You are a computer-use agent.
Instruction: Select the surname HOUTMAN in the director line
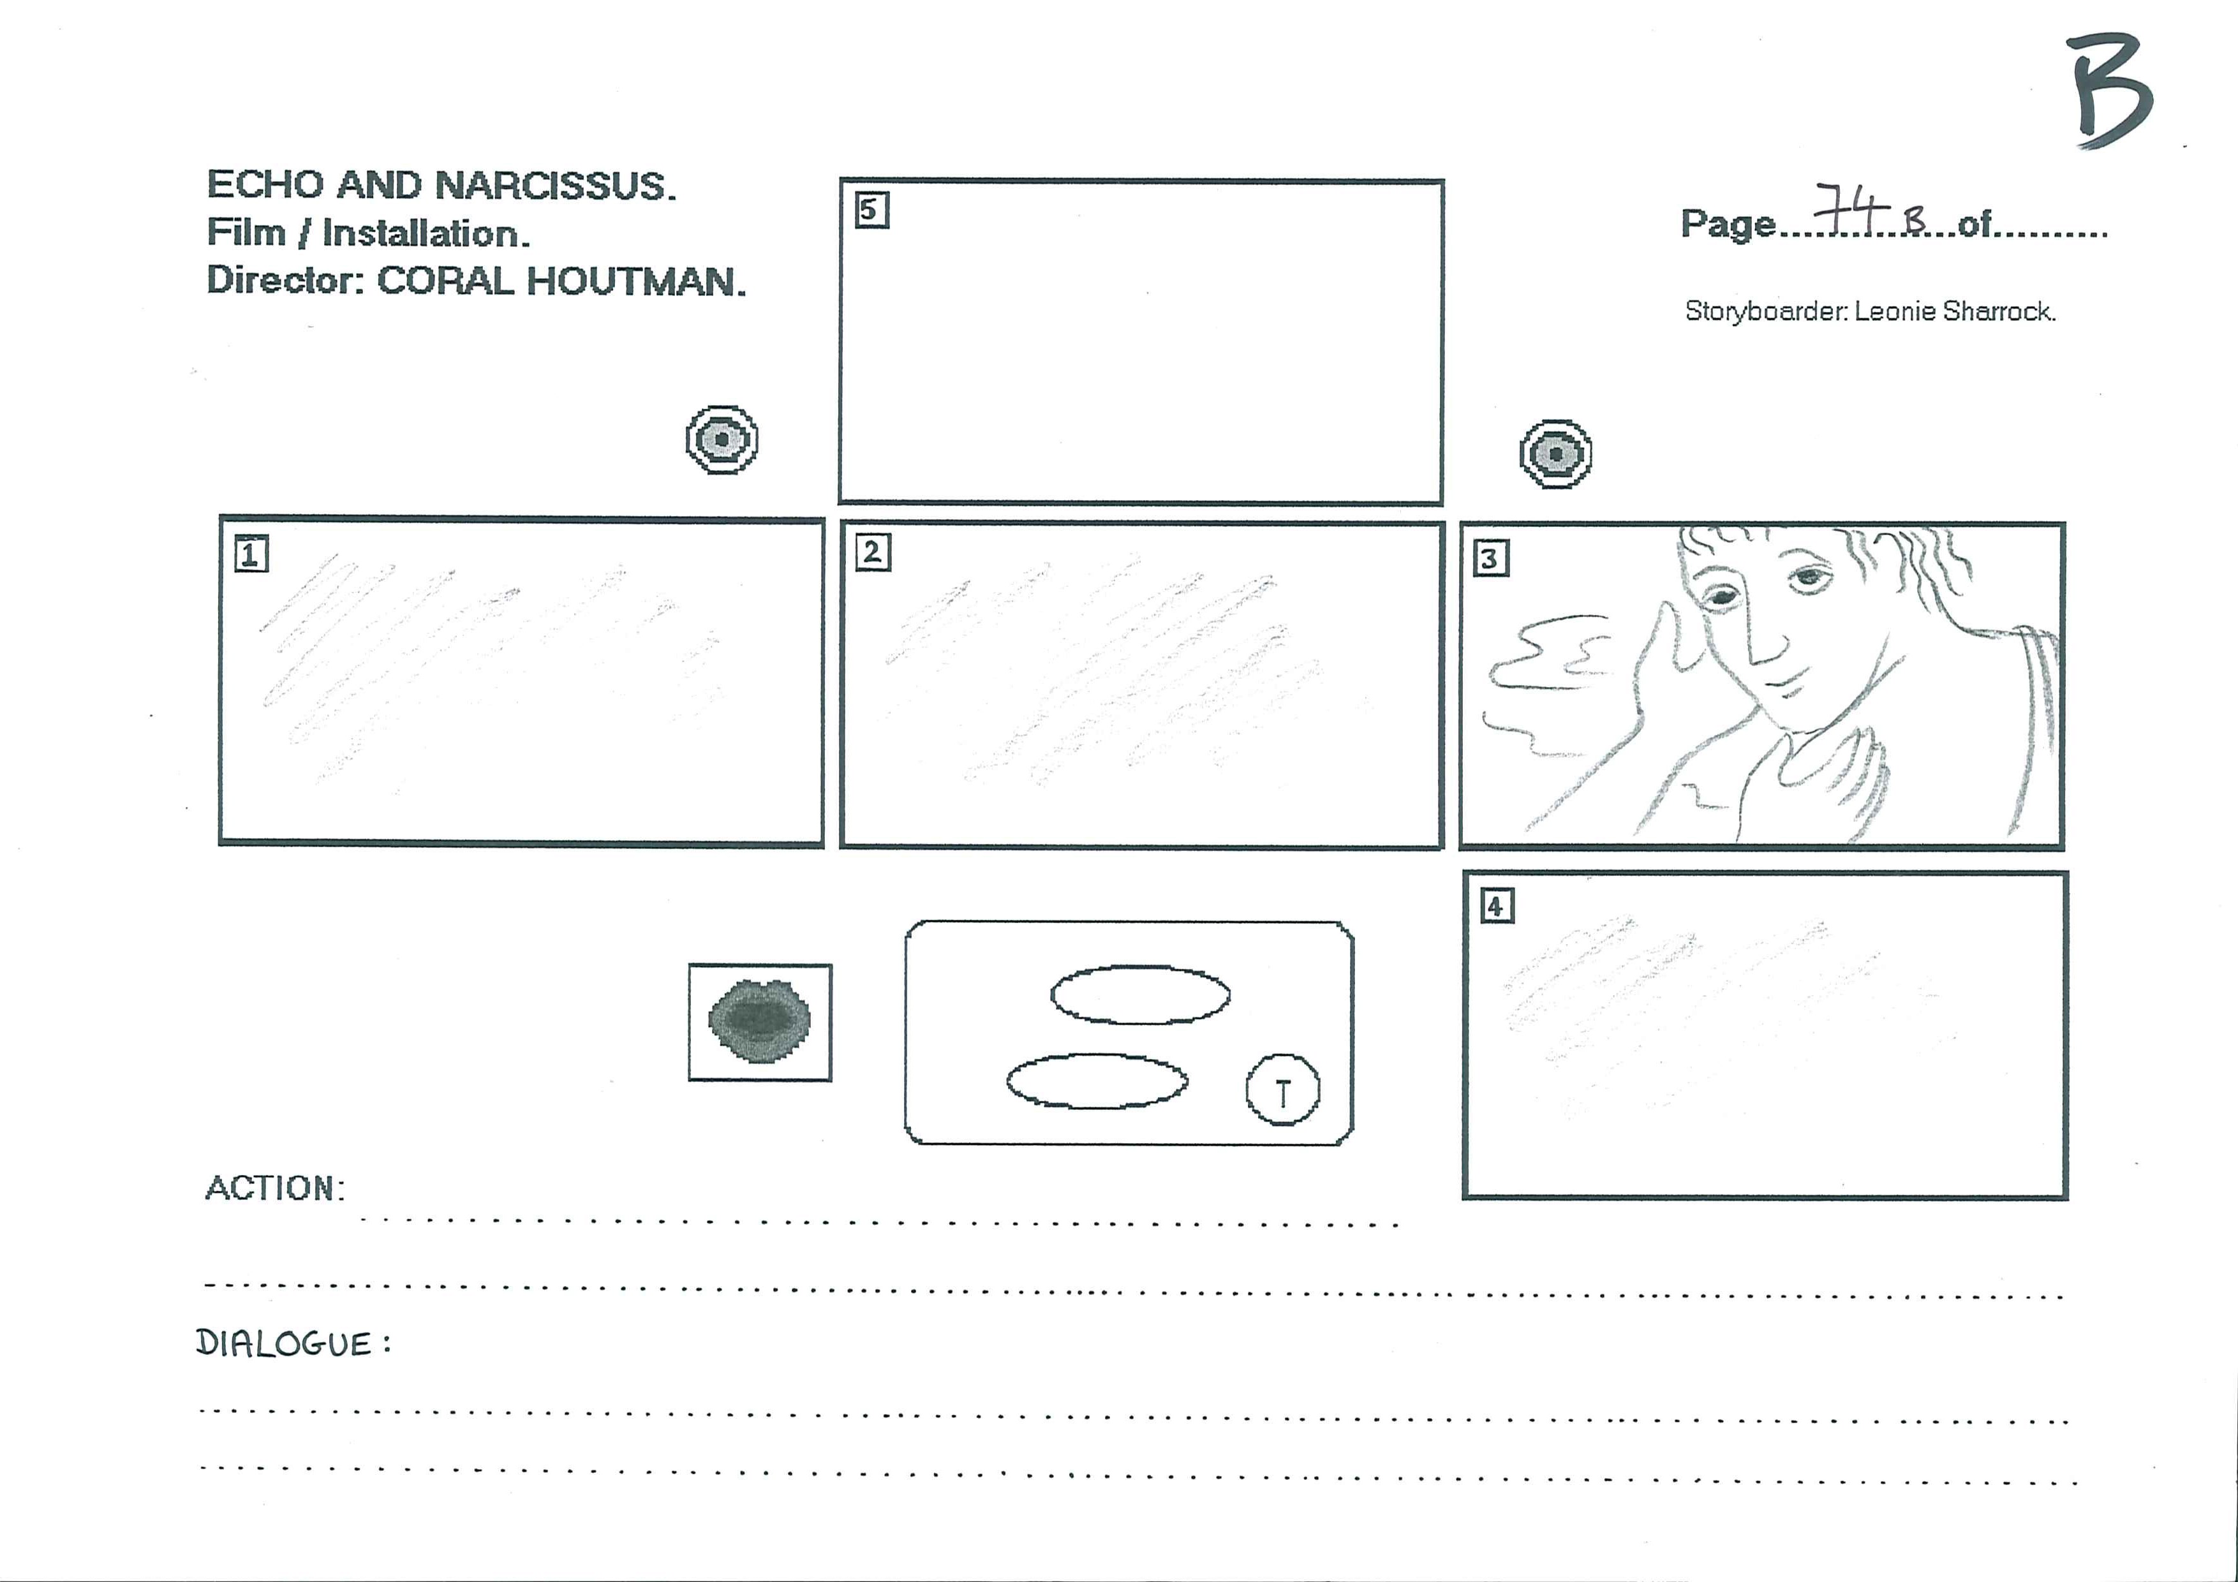[x=637, y=282]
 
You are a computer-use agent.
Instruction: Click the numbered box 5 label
[x=871, y=211]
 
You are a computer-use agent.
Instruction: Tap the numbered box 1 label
[x=251, y=554]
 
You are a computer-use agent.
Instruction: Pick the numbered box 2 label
[x=872, y=552]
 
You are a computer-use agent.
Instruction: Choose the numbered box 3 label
[x=1490, y=559]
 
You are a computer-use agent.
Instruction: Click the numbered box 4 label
[x=1496, y=906]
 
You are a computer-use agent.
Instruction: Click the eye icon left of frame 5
[x=722, y=440]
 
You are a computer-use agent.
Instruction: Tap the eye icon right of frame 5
[x=1555, y=454]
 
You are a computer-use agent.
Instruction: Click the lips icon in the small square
[x=759, y=1021]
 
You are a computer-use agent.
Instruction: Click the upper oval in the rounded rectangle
[x=1139, y=994]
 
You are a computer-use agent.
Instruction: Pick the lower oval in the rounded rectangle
[x=1097, y=1081]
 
